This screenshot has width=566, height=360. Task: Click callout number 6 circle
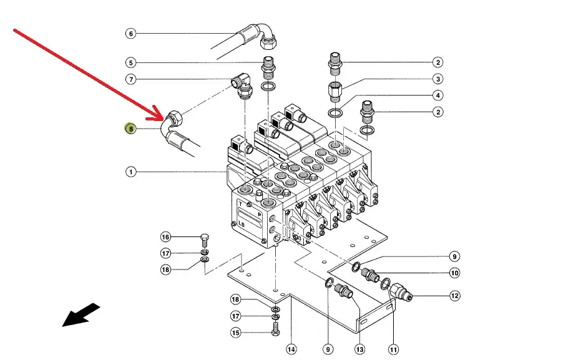[130, 34]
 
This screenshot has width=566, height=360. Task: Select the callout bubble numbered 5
[130, 62]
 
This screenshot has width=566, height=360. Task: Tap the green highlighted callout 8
[130, 129]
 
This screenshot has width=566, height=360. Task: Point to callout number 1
[130, 172]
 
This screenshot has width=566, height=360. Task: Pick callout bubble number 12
[454, 296]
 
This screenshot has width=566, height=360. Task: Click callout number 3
[438, 79]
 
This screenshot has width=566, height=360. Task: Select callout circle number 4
[438, 95]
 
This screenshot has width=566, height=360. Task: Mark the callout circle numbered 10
[454, 273]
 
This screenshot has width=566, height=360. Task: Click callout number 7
[130, 79]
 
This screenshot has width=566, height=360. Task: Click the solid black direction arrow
[81, 314]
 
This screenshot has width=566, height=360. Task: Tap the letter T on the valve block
[240, 203]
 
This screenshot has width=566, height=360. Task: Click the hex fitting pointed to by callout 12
[399, 291]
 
